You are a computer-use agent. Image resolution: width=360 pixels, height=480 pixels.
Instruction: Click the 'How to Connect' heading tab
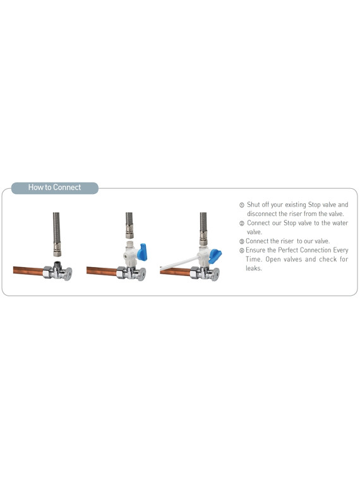55,188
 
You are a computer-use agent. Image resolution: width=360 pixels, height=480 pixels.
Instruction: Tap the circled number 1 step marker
242,205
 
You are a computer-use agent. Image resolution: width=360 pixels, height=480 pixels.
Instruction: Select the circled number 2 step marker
242,224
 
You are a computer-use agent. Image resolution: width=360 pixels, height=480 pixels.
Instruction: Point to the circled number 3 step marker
242,241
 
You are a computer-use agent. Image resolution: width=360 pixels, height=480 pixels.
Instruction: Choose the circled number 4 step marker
242,251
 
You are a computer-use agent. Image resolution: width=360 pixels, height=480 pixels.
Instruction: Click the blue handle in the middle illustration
142,252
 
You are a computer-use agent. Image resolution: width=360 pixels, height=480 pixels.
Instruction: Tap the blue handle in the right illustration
215,256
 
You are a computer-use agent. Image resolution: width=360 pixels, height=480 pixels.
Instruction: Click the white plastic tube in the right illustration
179,263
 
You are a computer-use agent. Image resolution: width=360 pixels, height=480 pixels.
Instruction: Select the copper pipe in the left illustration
28,270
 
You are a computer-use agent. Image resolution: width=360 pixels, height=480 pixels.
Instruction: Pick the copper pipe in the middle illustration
102,271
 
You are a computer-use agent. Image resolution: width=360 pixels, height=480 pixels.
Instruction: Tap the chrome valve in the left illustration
58,271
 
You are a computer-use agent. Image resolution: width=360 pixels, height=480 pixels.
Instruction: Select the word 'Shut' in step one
253,205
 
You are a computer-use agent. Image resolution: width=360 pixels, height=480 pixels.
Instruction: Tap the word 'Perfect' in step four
288,250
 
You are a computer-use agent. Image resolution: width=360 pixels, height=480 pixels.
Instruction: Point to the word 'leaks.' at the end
254,268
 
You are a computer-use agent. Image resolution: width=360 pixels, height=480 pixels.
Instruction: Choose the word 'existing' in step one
296,205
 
